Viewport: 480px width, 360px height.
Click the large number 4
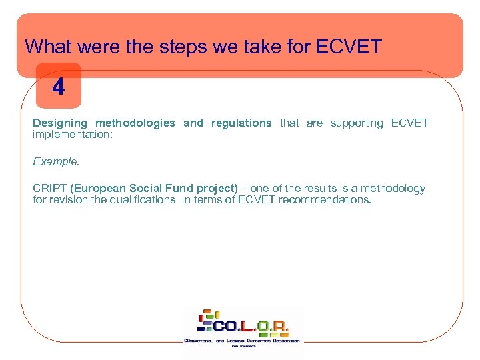pos(59,87)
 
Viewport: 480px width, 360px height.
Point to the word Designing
pos(60,123)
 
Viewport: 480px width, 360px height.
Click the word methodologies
pos(135,123)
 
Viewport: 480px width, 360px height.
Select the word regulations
pos(241,123)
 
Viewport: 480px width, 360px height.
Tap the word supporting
pos(357,123)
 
